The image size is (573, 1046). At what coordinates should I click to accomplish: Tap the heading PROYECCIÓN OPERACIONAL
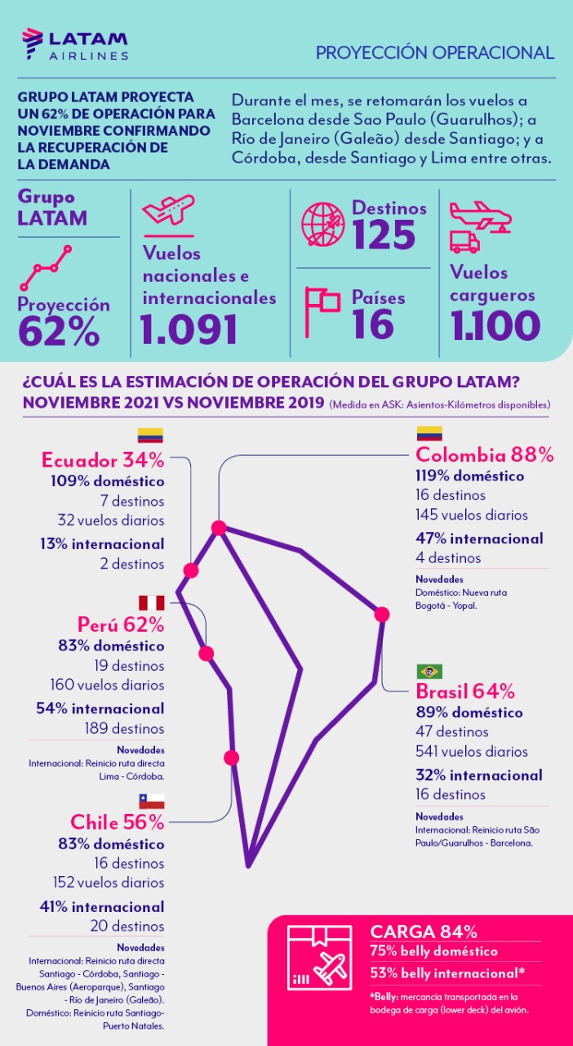[435, 53]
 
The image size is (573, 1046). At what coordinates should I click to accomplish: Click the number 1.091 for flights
[189, 329]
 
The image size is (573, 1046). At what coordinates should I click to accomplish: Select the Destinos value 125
[384, 235]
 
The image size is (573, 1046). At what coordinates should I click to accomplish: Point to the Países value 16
[373, 324]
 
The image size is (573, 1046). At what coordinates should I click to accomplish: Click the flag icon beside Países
[322, 311]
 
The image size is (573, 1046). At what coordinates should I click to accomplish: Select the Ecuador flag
[150, 436]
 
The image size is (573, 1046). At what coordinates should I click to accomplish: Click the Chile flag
[151, 801]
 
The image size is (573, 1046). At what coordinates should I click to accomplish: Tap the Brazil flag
[429, 672]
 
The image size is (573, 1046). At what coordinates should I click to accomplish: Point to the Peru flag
[151, 604]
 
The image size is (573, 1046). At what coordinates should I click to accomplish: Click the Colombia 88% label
[485, 455]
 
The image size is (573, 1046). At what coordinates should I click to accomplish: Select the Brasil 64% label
[465, 691]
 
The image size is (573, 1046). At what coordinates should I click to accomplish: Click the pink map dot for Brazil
[381, 614]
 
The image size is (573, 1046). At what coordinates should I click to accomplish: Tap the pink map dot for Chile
[232, 758]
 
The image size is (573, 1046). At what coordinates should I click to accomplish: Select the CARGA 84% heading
[424, 932]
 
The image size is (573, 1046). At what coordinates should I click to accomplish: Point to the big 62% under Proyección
[59, 331]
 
